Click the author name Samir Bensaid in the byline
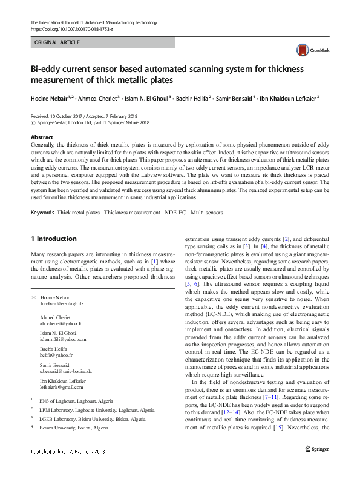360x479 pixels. click(x=234, y=97)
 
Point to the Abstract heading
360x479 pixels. click(x=42, y=138)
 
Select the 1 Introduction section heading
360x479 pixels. click(x=54, y=239)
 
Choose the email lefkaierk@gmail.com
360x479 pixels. click(x=61, y=386)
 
